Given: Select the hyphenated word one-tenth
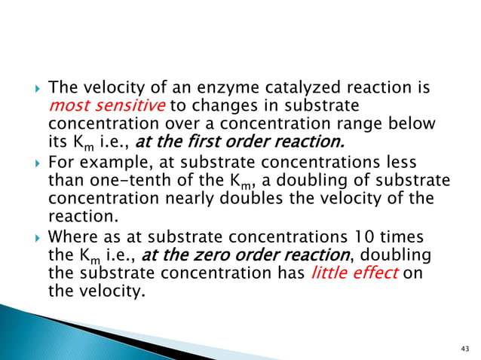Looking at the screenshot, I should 136,178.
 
